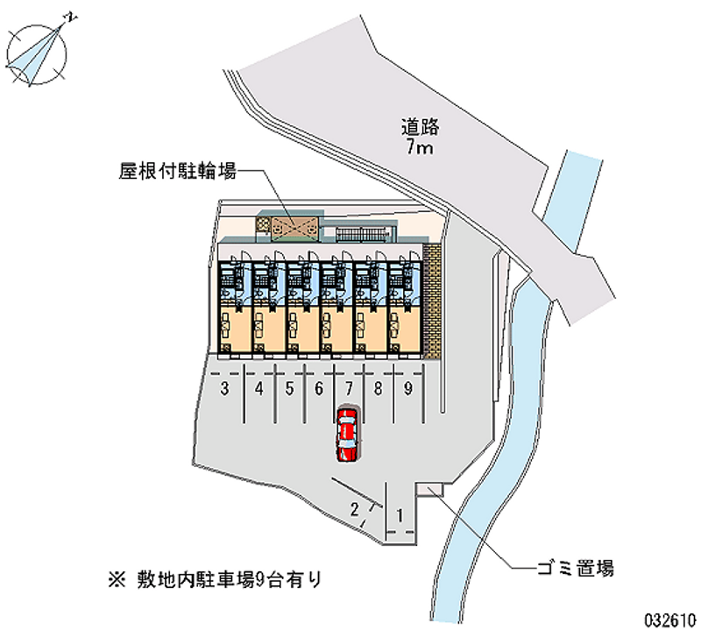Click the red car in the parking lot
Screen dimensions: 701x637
tap(348, 435)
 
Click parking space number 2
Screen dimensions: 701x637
tap(355, 509)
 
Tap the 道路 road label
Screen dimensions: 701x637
tap(420, 127)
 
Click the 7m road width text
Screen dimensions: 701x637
tap(420, 146)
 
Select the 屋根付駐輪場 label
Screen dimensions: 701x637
tap(178, 171)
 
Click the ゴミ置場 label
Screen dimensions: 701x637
tap(576, 568)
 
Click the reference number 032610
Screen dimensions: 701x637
tap(670, 620)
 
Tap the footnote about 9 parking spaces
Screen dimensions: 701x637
tap(215, 580)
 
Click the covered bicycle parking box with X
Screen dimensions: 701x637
tap(294, 228)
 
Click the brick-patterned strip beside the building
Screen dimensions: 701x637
tap(431, 301)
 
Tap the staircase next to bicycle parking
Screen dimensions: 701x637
tap(361, 234)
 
